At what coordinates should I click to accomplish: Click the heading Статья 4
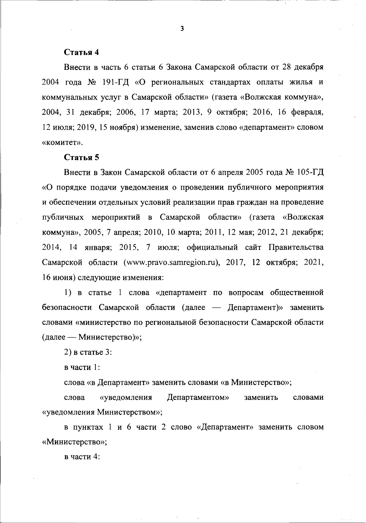click(81, 52)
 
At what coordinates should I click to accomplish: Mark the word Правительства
click(296, 247)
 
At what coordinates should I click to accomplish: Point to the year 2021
click(314, 263)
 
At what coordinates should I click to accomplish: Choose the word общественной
click(297, 293)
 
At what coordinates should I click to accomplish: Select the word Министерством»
click(130, 412)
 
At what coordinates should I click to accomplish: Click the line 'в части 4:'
click(82, 457)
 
